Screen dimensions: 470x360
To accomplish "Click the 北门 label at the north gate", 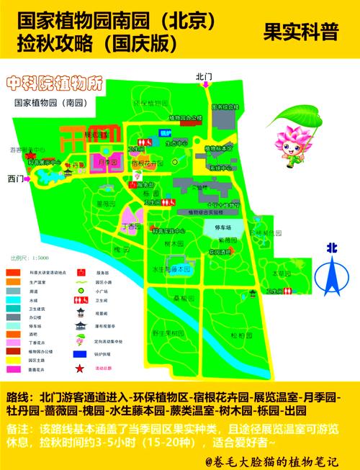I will point(204,75).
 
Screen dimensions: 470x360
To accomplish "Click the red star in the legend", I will point(78,369).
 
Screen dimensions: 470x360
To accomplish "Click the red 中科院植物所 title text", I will point(52,83).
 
